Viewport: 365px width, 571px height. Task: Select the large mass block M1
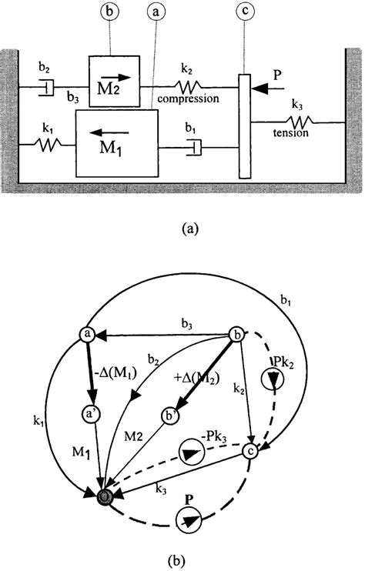[116, 143]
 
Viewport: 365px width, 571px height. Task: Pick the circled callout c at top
[243, 13]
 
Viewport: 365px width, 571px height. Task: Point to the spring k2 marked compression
[189, 85]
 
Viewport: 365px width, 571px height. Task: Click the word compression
[189, 99]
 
